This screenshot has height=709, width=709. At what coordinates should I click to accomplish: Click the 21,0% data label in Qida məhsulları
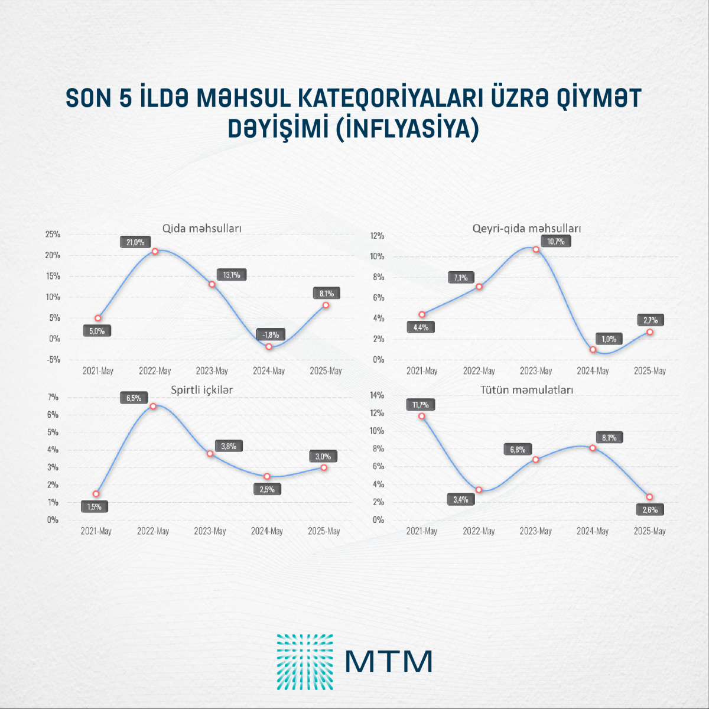[135, 242]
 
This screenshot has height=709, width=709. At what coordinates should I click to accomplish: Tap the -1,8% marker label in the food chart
[271, 335]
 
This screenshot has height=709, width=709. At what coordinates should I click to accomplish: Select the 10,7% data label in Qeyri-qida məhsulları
[555, 241]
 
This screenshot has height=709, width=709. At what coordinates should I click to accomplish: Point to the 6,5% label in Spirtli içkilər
[134, 398]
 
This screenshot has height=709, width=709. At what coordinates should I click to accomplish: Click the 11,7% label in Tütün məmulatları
[421, 405]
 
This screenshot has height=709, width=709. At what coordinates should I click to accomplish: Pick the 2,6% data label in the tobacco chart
[650, 509]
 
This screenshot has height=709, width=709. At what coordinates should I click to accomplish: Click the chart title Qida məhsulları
[202, 229]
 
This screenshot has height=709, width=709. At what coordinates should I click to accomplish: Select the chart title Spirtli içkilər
[202, 390]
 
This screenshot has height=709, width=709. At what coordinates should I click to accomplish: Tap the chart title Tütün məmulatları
[526, 390]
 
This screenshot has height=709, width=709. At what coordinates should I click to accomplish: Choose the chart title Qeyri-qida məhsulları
[527, 229]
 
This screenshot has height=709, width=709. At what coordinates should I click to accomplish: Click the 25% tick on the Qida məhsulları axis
[53, 235]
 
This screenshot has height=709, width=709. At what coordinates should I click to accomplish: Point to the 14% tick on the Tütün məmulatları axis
[377, 395]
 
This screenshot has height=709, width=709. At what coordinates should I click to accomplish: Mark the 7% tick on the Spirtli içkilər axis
[53, 397]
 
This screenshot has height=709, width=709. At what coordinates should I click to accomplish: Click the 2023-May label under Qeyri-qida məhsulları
[536, 371]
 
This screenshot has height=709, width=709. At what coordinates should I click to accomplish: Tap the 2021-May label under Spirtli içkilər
[96, 531]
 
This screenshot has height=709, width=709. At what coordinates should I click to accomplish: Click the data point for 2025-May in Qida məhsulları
[326, 305]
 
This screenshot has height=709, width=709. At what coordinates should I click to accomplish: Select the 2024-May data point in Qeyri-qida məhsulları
[593, 350]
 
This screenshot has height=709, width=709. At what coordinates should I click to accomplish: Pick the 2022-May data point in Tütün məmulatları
[479, 490]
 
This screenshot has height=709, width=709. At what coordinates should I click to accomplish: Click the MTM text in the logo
[388, 661]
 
